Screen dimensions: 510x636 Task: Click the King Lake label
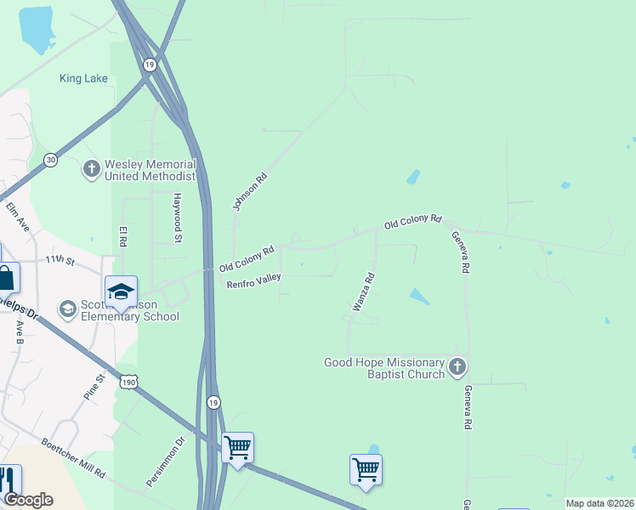[x=83, y=78]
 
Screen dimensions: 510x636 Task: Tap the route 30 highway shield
[x=51, y=160]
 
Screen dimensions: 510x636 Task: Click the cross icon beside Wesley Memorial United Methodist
[x=92, y=169]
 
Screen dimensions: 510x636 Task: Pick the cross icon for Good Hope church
[x=457, y=367]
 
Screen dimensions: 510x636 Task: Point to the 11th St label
[x=60, y=258]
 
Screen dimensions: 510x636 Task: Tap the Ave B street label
[x=19, y=331]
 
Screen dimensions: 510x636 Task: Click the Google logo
[x=28, y=500]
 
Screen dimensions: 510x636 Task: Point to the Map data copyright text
[x=600, y=503]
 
